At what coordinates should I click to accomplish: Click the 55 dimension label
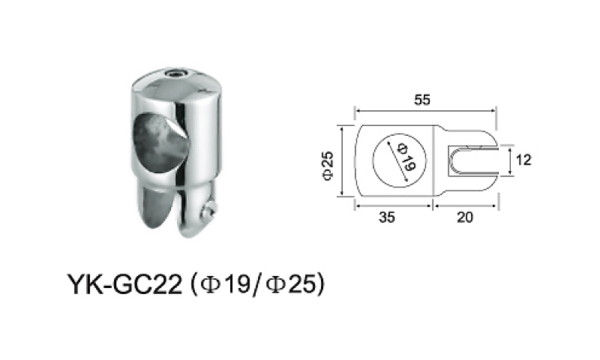tap(424, 99)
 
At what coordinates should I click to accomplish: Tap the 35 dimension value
tap(387, 218)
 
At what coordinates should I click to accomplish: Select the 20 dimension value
tap(465, 218)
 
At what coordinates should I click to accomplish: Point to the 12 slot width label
tap(523, 160)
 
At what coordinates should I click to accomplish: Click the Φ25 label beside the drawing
tap(328, 163)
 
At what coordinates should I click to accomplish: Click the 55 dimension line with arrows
tap(424, 110)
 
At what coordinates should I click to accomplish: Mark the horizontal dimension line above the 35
tap(392, 204)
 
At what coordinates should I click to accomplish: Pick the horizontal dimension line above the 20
tap(464, 204)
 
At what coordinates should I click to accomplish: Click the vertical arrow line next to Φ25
tap(341, 162)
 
